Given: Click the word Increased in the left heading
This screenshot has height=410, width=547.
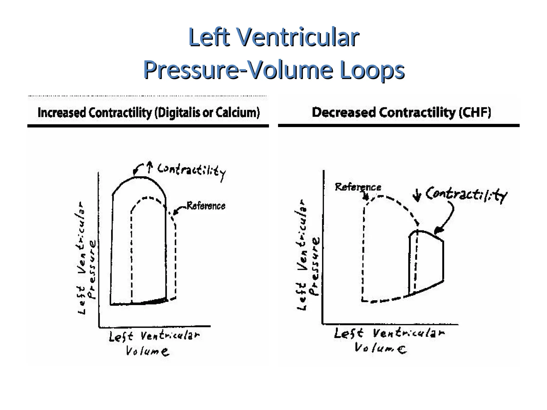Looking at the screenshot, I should [62, 113].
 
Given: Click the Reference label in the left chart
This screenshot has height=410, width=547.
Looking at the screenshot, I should [206, 206].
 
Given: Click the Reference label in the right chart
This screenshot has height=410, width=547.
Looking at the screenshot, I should [358, 187].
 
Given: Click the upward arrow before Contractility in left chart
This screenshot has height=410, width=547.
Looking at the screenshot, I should [150, 167].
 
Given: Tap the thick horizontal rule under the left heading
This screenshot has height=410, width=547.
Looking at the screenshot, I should [148, 126].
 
